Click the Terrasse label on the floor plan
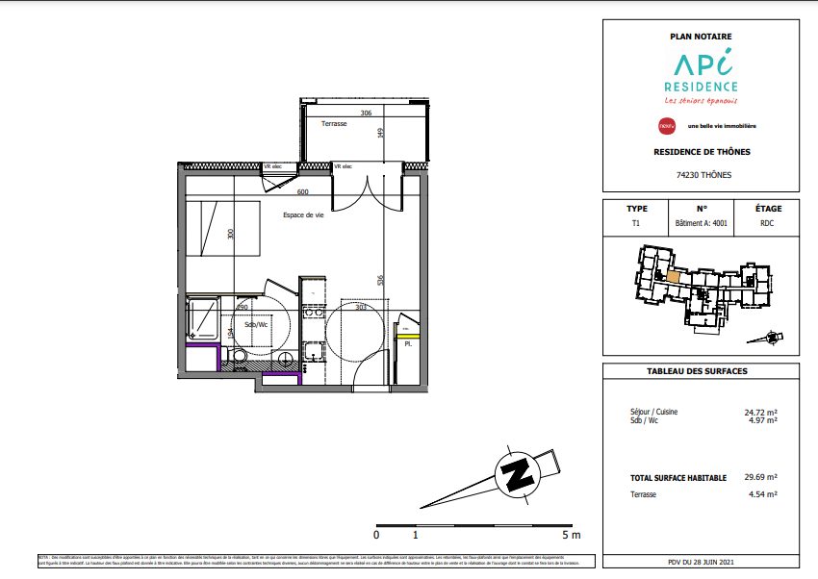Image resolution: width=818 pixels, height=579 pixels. click(334, 125)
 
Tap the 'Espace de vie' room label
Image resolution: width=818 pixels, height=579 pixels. click(304, 215)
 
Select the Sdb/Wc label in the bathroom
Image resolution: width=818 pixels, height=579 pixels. click(257, 324)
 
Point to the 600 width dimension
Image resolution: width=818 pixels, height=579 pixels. click(302, 192)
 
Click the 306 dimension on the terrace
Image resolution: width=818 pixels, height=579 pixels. click(366, 113)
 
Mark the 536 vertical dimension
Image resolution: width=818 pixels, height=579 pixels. click(381, 281)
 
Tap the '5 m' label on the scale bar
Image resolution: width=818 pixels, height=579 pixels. click(572, 534)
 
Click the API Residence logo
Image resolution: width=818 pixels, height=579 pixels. click(700, 75)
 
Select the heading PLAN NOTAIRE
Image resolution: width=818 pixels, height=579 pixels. click(700, 36)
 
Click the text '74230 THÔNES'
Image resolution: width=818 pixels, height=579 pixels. click(700, 175)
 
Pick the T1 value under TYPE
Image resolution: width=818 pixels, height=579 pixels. click(635, 223)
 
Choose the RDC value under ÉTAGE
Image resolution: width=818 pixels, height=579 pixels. click(767, 223)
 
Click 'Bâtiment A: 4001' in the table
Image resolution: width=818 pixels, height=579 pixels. click(701, 223)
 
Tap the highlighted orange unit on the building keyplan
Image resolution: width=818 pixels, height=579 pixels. click(673, 277)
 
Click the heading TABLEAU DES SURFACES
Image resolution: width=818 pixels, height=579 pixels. click(700, 371)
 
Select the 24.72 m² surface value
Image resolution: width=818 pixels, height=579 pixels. click(760, 413)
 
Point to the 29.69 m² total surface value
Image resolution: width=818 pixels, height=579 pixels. click(760, 477)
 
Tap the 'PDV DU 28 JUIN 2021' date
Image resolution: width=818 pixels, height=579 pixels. click(700, 563)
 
